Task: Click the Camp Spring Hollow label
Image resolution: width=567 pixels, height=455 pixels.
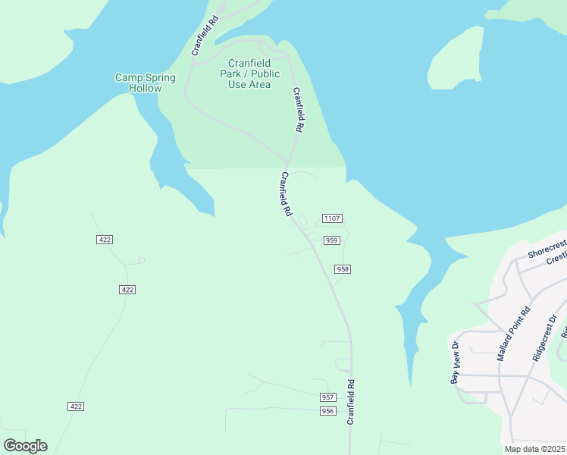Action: click(x=145, y=83)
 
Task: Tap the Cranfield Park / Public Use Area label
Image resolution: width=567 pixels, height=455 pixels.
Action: click(x=254, y=74)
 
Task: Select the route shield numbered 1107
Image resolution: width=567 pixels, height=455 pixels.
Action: click(x=331, y=218)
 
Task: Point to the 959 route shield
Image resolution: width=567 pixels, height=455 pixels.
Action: click(x=331, y=240)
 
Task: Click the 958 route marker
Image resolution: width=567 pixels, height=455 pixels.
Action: click(x=343, y=269)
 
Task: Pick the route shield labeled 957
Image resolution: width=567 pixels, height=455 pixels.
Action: click(x=327, y=397)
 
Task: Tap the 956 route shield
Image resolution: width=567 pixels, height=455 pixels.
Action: click(x=327, y=411)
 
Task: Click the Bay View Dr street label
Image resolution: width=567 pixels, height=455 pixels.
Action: click(x=455, y=362)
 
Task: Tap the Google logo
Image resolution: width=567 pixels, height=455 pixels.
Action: click(x=25, y=446)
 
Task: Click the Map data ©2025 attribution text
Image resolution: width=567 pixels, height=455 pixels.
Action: click(x=535, y=449)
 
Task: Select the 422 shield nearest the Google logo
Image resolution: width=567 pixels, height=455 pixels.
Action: click(x=75, y=406)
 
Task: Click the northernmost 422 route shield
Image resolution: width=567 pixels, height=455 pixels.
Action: click(x=105, y=240)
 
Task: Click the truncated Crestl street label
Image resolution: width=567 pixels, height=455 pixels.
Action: click(x=556, y=258)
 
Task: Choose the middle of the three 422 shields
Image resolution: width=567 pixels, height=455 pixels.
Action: click(x=127, y=290)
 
